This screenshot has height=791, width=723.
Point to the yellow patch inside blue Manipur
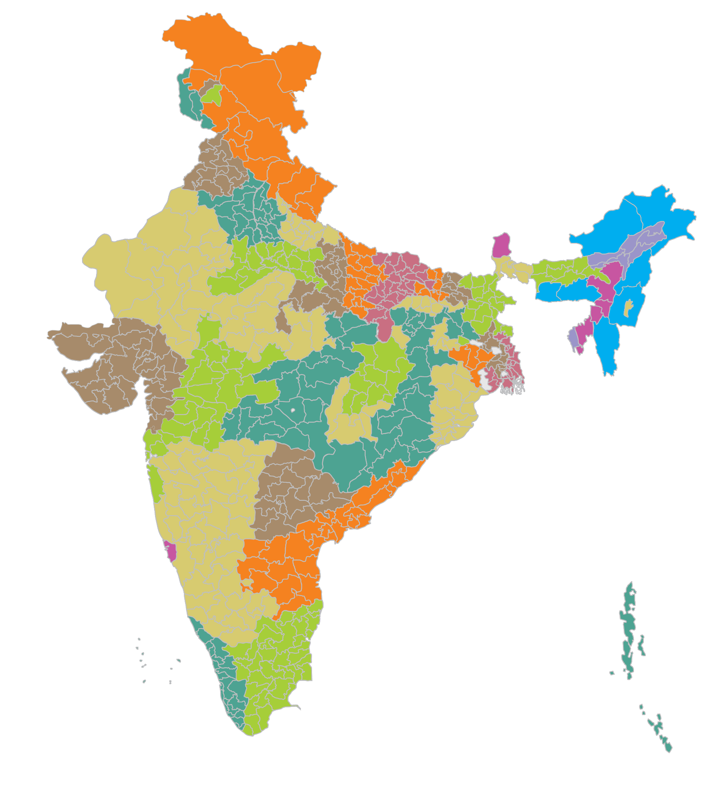click(628, 308)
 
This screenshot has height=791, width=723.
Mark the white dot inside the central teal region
click(293, 411)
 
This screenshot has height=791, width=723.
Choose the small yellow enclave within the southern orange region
click(247, 582)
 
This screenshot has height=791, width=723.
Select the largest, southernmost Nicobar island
click(668, 746)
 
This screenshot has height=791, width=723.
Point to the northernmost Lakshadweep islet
click(139, 639)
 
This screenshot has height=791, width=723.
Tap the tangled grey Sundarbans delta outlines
click(513, 387)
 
